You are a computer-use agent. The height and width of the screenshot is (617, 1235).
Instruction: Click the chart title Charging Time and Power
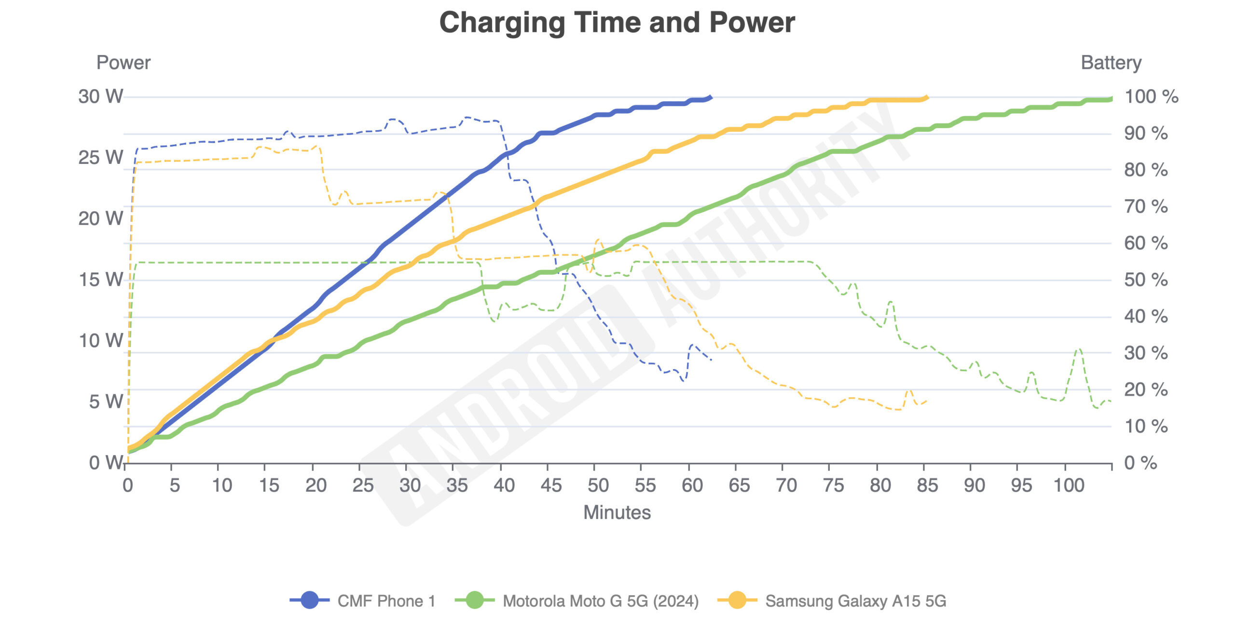[x=617, y=23]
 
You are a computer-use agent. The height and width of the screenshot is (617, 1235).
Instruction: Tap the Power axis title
[x=123, y=63]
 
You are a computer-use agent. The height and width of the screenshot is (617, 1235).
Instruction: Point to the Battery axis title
[x=1111, y=63]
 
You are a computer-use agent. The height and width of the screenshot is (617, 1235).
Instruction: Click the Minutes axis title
[x=617, y=512]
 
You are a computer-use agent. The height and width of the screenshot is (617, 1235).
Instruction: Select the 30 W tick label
[x=101, y=96]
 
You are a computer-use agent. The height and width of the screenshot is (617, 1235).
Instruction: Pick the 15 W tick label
[x=101, y=280]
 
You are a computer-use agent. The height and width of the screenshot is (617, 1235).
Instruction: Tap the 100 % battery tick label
[x=1151, y=96]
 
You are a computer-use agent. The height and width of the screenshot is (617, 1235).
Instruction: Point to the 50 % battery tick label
[x=1146, y=280]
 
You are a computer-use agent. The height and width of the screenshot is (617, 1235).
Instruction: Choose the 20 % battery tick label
[x=1146, y=389]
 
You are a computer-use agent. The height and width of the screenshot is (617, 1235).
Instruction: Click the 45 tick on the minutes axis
[x=551, y=485]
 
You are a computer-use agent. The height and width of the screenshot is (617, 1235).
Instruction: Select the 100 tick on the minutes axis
[x=1069, y=485]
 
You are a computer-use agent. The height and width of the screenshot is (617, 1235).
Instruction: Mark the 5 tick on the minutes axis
[x=175, y=485]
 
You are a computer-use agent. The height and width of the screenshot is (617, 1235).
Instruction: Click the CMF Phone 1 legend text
[x=386, y=601]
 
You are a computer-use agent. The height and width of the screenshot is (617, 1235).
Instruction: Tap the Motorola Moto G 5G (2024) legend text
[x=601, y=601]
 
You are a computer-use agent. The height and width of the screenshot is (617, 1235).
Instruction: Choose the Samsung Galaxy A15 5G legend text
[x=855, y=601]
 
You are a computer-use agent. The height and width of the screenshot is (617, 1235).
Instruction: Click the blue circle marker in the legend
[x=310, y=600]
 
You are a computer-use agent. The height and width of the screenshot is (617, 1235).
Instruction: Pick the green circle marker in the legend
[x=475, y=600]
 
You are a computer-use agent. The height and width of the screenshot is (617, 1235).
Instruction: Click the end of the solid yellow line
[x=926, y=98]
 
